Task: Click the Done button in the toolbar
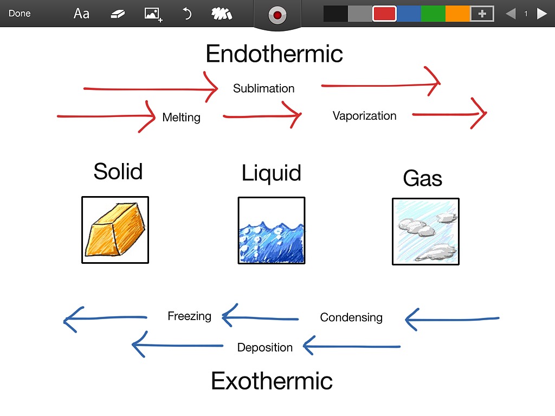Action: (20, 14)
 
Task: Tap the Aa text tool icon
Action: (81, 14)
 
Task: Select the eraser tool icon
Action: (118, 14)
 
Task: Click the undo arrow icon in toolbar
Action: (187, 14)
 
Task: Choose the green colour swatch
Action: (433, 14)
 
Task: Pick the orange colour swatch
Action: (457, 14)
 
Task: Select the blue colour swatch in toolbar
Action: (409, 14)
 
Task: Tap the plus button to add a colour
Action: (482, 14)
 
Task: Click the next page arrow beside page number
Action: (541, 14)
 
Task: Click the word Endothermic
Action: (274, 54)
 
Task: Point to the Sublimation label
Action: (264, 88)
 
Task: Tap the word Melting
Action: (181, 117)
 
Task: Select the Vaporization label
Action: (364, 115)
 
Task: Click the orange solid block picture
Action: (115, 230)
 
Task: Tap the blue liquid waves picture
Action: (272, 230)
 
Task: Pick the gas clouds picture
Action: (425, 231)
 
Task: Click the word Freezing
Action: (189, 316)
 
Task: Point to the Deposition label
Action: (265, 348)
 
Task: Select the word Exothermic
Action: (272, 381)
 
